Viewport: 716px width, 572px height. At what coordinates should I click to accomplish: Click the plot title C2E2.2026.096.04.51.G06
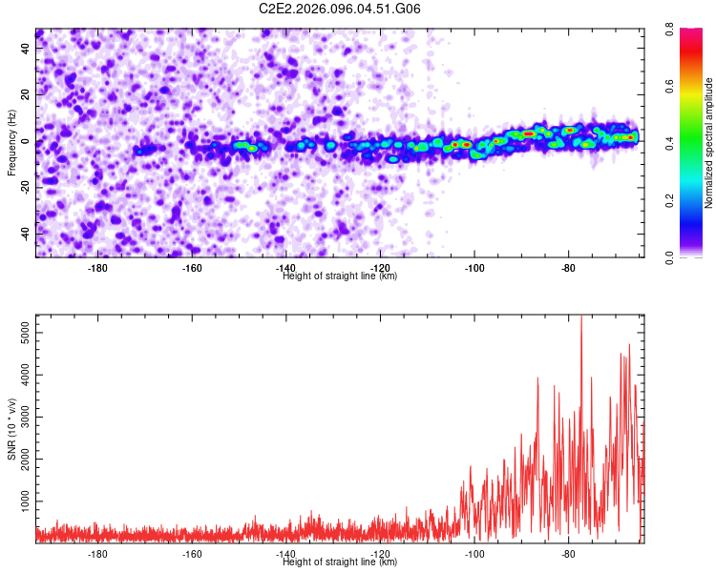pyautogui.click(x=340, y=9)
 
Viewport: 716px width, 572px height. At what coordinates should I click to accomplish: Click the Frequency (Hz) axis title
pyautogui.click(x=11, y=143)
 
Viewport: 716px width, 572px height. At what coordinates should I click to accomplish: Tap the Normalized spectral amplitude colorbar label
pyautogui.click(x=708, y=143)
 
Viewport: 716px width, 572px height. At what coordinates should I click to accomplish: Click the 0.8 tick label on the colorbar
pyautogui.click(x=685, y=31)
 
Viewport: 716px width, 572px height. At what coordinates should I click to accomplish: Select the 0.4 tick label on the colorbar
pyautogui.click(x=685, y=144)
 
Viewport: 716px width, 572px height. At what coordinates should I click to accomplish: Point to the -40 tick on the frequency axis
pyautogui.click(x=26, y=234)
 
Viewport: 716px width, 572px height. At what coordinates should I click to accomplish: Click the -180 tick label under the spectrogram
pyautogui.click(x=97, y=268)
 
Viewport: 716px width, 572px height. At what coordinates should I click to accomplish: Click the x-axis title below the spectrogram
pyautogui.click(x=340, y=276)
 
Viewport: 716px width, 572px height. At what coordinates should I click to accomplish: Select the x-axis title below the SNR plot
pyautogui.click(x=340, y=562)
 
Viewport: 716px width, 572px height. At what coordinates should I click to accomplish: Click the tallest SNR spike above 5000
pyautogui.click(x=581, y=317)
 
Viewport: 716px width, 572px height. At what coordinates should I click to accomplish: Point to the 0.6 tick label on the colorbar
pyautogui.click(x=685, y=87)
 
